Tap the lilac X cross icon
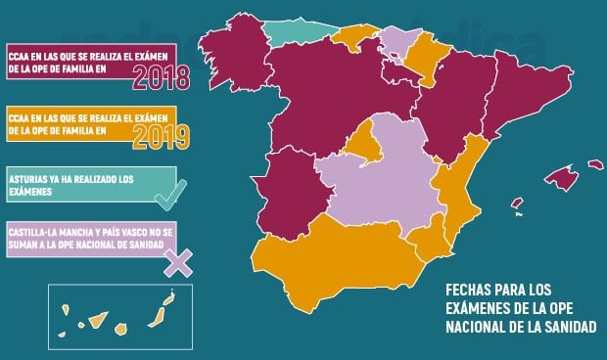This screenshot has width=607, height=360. pos(178,261)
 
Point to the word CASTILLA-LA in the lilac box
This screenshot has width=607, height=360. pos(36,229)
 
